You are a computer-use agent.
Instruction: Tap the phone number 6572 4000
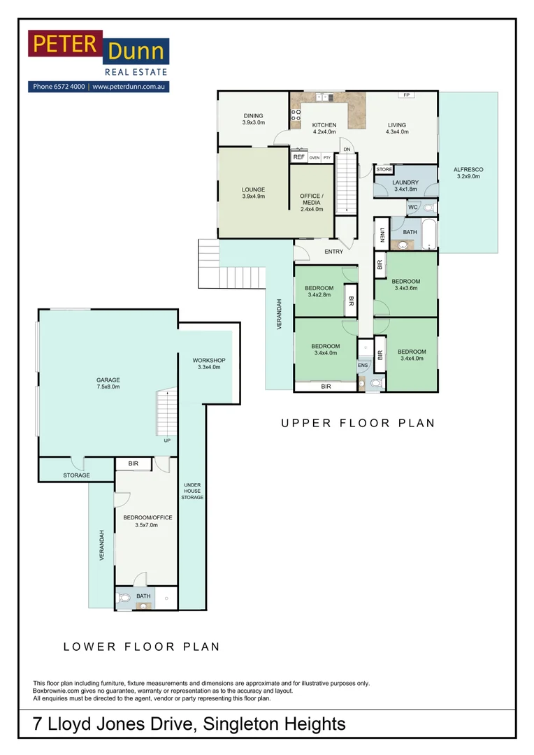[x=68, y=87]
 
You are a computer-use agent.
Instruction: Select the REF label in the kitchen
[x=299, y=157]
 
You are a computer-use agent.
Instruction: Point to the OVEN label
[x=315, y=158]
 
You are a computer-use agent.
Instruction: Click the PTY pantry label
[x=326, y=158]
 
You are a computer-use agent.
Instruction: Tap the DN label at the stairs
[x=346, y=149]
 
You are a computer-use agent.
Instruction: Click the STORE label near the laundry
[x=384, y=170]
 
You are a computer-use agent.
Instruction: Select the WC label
[x=412, y=208]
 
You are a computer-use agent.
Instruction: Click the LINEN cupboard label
[x=382, y=235]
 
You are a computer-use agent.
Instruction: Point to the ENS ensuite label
[x=363, y=365]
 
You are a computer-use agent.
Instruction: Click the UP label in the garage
[x=166, y=440]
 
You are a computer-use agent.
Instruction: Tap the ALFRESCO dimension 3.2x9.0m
[x=468, y=178]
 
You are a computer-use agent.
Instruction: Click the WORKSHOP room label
[x=209, y=360]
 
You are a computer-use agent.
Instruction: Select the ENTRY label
[x=334, y=252]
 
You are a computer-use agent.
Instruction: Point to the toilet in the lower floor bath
[x=125, y=598]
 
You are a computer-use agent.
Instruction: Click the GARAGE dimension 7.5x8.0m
[x=108, y=387]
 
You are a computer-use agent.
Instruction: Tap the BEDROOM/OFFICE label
[x=147, y=518]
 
